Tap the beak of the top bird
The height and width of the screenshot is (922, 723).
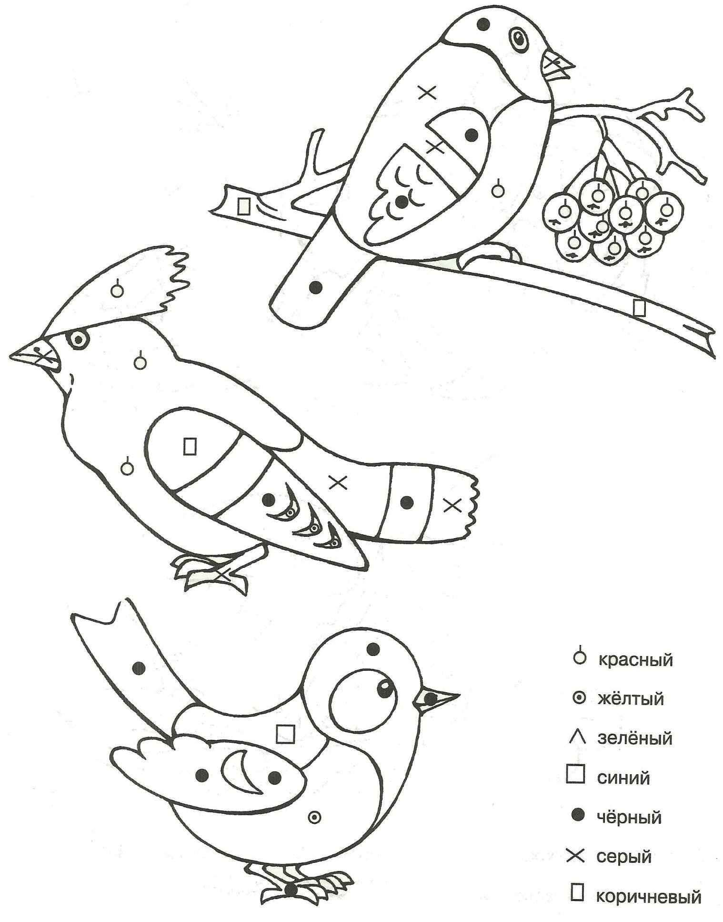coord(557,64)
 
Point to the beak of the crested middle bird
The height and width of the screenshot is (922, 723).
coord(36,355)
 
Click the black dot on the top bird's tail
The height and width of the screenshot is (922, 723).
coord(315,287)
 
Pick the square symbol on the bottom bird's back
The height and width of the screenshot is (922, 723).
coord(286,734)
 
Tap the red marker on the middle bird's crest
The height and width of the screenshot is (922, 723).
coord(117,289)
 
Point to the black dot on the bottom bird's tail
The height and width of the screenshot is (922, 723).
coord(139,669)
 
